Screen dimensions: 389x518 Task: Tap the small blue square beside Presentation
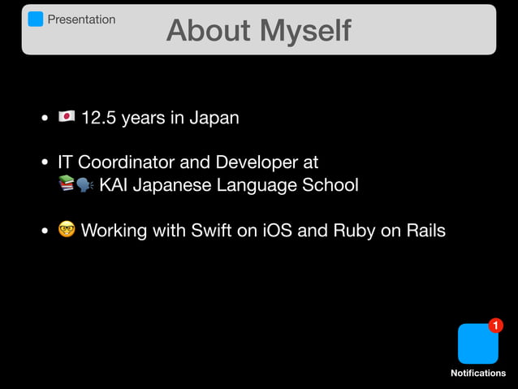36,19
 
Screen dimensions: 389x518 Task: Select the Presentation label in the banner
81,19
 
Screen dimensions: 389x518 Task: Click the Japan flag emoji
67,118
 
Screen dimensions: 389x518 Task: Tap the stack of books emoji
67,184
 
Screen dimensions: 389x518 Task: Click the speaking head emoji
84,184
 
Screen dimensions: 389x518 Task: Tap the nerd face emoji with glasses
67,231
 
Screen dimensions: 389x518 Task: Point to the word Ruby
354,231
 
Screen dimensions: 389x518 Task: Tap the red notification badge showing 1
495,326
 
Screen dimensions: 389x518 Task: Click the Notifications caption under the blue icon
478,373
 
